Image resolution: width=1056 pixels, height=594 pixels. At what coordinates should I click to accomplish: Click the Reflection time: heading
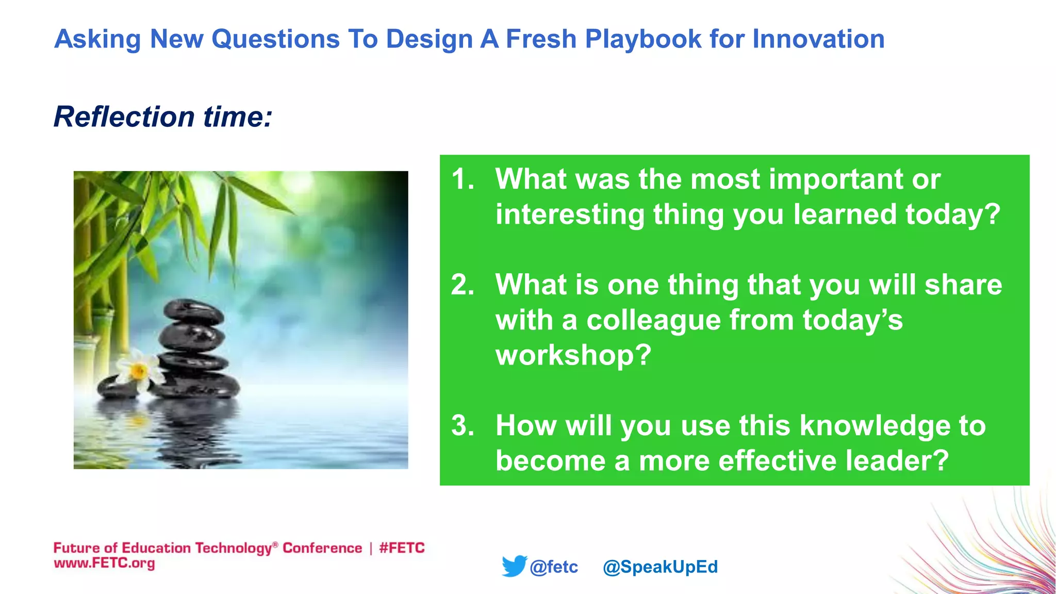click(x=163, y=117)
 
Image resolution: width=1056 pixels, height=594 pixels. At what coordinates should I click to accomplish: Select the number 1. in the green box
click(x=463, y=179)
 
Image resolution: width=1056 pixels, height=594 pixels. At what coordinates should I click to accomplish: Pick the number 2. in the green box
click(x=463, y=285)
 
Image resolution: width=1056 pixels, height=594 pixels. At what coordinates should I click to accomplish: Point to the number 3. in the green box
click(x=463, y=426)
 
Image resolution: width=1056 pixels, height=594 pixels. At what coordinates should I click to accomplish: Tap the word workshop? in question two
click(x=573, y=355)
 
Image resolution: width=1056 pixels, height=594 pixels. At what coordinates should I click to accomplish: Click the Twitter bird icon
click(x=514, y=566)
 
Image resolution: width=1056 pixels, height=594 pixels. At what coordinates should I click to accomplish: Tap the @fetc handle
click(x=554, y=567)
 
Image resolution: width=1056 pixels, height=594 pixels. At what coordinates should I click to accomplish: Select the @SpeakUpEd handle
click(x=660, y=567)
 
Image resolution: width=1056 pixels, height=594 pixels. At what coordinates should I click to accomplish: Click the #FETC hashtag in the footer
click(x=402, y=548)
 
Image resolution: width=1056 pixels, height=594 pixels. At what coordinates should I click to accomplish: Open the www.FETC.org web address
click(x=104, y=563)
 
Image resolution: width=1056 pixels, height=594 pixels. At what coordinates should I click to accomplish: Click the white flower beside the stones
click(x=137, y=369)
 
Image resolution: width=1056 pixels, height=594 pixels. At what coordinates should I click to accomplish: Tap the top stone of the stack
click(x=193, y=311)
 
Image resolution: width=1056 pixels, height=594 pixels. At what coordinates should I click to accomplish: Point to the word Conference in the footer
click(x=322, y=548)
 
